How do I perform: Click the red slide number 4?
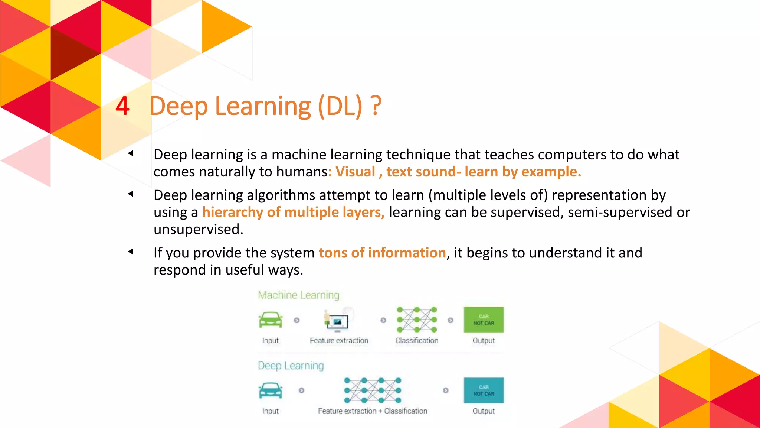point(122,106)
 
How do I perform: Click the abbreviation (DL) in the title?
point(340,106)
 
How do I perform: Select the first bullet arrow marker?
point(131,153)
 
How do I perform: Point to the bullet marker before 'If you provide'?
point(131,252)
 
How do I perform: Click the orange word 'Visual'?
point(355,172)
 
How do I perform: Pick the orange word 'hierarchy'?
point(233,212)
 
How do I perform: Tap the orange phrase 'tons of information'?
point(382,253)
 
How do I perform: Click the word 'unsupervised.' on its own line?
point(198,229)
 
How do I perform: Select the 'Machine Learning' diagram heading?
point(299,295)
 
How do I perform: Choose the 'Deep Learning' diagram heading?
point(291,366)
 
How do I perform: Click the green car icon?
point(271,320)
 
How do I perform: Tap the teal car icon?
point(271,390)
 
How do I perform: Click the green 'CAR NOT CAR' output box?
point(484,320)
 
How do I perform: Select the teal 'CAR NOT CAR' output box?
point(484,390)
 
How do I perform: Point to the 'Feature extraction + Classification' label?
point(372,411)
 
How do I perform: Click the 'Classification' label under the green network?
point(417,340)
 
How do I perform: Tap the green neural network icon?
point(417,320)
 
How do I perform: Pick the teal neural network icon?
point(373,390)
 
